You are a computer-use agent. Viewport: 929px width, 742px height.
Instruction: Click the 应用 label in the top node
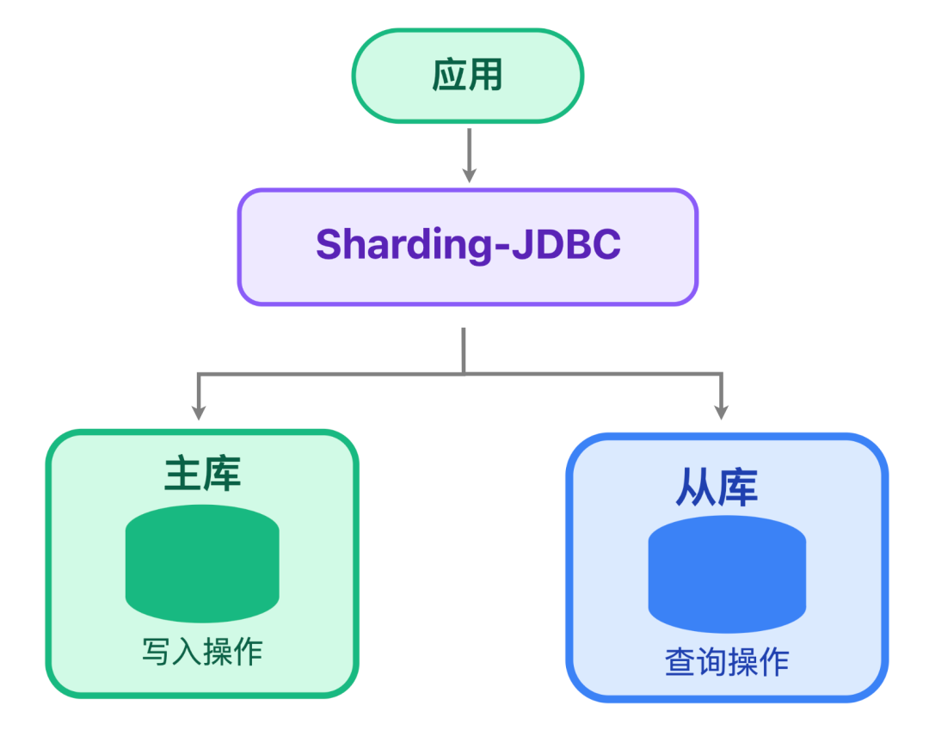click(467, 76)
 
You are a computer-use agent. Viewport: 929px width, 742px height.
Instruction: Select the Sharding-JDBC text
click(467, 245)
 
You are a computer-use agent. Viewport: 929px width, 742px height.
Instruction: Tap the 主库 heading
click(202, 474)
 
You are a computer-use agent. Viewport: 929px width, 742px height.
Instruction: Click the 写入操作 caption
click(202, 652)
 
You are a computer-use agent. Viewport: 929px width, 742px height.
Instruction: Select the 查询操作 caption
click(727, 663)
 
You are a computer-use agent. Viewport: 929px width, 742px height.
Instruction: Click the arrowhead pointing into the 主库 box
click(199, 410)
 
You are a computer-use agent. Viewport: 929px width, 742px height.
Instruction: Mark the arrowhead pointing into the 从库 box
click(721, 410)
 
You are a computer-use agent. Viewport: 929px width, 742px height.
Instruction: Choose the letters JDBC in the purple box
click(567, 245)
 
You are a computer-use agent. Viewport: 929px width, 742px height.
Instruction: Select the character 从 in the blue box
click(694, 487)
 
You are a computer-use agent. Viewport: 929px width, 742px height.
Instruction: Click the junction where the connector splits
click(464, 373)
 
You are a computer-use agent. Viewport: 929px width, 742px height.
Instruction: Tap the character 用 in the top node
click(486, 76)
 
